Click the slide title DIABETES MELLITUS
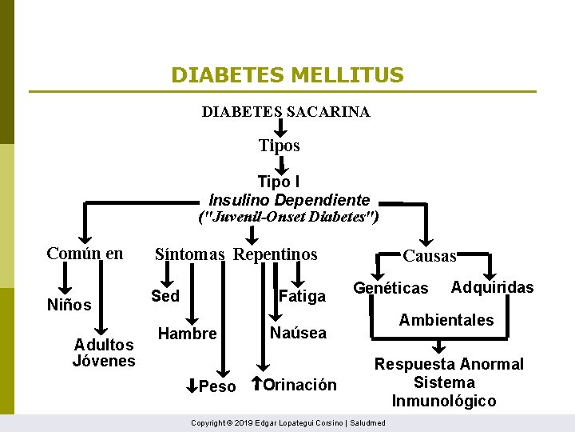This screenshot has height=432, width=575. point(287,75)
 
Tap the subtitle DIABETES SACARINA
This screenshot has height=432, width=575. point(286,112)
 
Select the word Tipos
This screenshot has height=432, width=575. point(280,146)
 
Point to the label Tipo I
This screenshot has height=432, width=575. point(279,182)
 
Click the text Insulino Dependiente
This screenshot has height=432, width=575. point(289,199)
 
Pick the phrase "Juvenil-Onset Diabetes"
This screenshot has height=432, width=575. point(287,217)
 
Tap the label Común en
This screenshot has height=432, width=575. point(85,254)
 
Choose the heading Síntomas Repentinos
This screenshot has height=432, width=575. point(236,254)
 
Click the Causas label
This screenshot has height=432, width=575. point(430,256)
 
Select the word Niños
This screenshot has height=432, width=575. point(69,305)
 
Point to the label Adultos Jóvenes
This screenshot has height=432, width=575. point(104,353)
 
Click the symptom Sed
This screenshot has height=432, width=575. point(165,296)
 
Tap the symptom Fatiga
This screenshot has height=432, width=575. point(302,297)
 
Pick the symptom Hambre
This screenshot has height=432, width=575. point(188,334)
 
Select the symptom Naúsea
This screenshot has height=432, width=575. point(298,333)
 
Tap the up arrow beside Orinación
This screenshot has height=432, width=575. point(257,383)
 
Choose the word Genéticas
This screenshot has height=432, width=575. point(391,288)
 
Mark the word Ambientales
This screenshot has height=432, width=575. point(446,320)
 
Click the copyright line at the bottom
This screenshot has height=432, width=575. point(288,422)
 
